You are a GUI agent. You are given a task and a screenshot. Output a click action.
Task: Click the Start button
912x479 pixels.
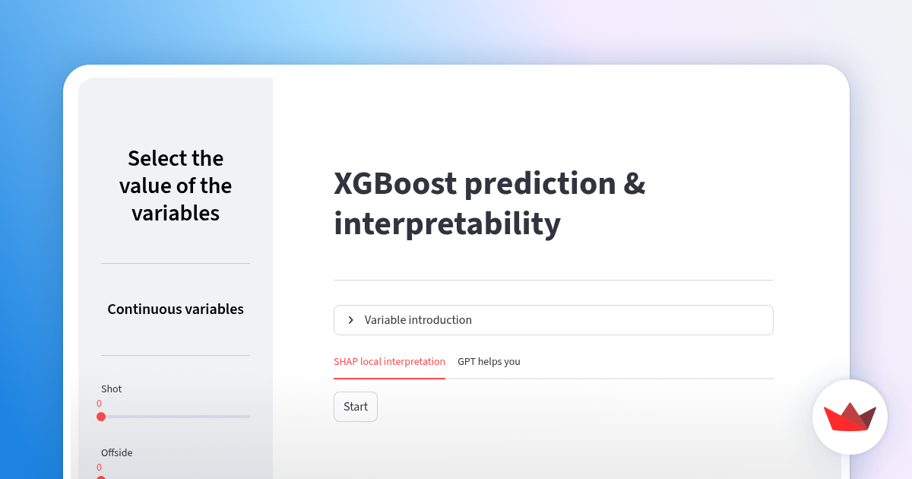coord(355,407)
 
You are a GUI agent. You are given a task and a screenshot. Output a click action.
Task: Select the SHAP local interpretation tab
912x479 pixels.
coord(389,362)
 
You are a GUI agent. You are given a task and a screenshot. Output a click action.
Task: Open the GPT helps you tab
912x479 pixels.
coord(489,362)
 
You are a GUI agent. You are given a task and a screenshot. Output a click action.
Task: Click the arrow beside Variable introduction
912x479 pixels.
coord(350,320)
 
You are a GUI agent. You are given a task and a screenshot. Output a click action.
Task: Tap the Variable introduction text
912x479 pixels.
coord(418,320)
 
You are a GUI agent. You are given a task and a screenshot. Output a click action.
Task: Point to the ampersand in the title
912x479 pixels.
coord(635,184)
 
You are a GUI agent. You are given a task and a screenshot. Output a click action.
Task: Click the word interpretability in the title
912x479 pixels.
coord(447,224)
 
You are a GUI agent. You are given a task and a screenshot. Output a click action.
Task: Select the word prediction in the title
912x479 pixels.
coord(540,184)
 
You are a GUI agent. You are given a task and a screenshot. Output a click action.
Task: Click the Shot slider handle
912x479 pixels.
coord(101,417)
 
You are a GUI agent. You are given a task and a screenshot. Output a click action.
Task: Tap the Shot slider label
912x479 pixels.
coord(111,389)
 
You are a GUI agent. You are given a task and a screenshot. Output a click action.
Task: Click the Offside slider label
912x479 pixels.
coord(116,453)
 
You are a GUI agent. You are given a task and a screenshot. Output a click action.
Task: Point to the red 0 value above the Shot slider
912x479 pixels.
coord(99,404)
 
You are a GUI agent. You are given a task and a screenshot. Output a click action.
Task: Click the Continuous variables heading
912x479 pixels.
coord(176,309)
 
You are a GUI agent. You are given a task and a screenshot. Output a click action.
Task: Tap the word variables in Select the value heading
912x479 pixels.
coord(176,214)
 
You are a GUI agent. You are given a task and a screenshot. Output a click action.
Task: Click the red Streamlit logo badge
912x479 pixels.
coord(850,417)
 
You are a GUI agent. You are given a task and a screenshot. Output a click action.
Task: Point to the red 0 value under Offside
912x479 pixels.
coord(99,468)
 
